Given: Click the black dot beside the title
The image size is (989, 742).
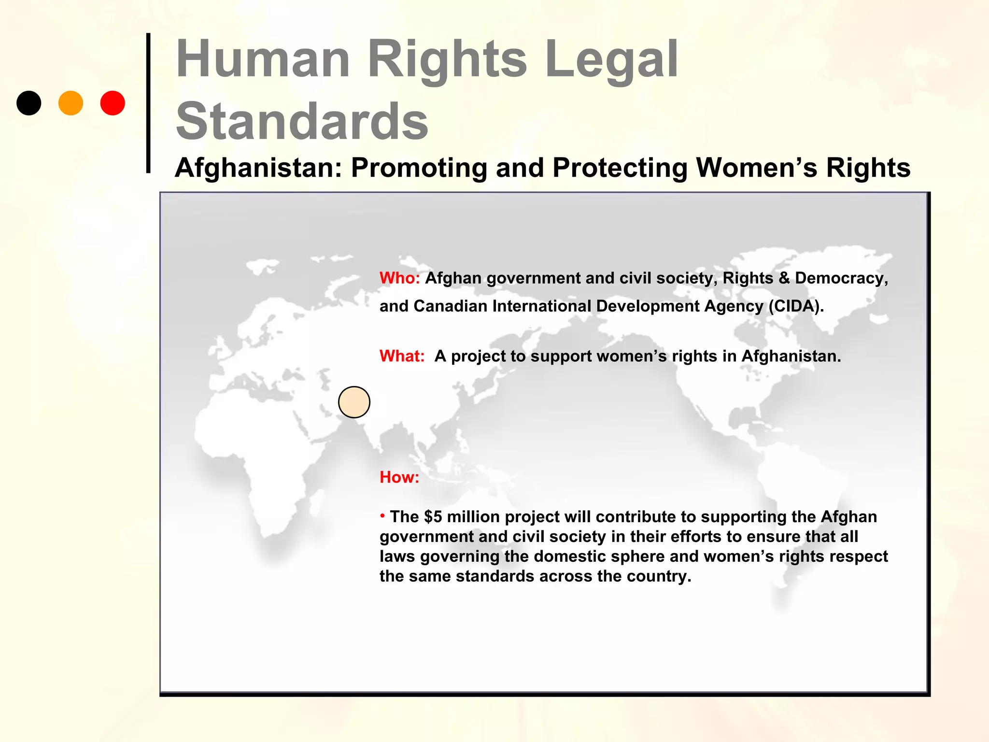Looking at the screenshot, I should pos(29,103).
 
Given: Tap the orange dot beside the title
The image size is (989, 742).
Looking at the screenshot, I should pos(71,103).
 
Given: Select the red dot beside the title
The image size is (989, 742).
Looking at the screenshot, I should pos(113,103).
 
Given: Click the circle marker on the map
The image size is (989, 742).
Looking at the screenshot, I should pos(354,402).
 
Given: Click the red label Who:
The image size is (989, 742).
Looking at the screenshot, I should pos(399,278).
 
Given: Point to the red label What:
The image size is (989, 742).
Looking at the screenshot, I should pos(402,356).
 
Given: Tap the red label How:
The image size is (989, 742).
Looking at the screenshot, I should pos(399,477).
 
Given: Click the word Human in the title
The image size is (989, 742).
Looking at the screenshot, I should pos(263,59).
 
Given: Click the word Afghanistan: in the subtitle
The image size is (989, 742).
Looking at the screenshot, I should pos(258,168).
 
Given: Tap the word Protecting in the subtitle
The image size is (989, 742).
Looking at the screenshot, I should pos(619,168).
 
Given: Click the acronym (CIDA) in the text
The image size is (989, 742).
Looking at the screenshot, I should pos(796,306).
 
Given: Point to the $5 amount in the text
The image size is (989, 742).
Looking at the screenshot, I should pos(433,517).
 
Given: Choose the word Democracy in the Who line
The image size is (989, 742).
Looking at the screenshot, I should pos(840,278).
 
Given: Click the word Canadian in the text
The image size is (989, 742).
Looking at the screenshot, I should pos(450,306).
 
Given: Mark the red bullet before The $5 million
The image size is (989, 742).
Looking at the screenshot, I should pos(382,516).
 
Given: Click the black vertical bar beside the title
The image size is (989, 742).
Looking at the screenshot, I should pos(148,103).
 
